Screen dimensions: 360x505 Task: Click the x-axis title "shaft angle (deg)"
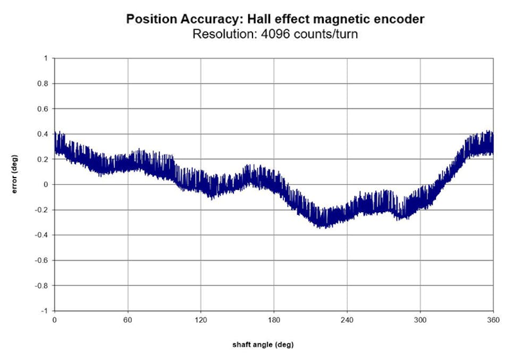click(263, 345)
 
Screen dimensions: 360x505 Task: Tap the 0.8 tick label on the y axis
click(43, 83)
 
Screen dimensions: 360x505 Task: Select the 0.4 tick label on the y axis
click(43, 134)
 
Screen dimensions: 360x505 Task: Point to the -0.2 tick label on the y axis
click(41, 210)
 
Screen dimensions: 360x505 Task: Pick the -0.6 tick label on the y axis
click(41, 261)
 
